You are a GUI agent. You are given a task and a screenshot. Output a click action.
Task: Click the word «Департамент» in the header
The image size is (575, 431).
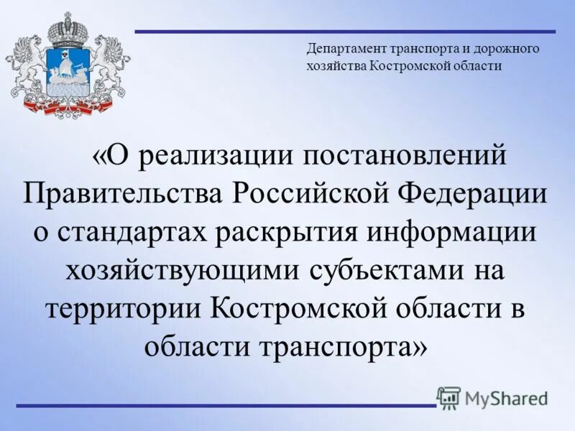click(346, 49)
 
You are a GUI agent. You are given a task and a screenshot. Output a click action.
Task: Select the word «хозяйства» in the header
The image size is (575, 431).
click(336, 65)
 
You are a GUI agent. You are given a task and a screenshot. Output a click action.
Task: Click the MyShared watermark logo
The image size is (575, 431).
click(492, 397)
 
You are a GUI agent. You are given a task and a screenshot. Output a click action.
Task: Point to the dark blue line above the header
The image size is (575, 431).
click(345, 32)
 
